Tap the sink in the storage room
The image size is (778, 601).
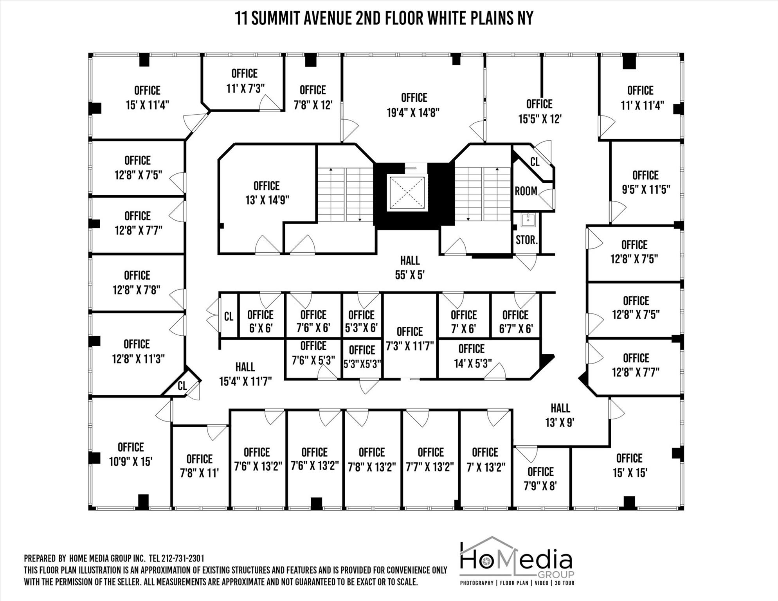528,220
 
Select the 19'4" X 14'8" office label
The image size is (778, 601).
413,105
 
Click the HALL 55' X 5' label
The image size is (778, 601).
410,268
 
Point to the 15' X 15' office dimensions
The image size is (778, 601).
630,473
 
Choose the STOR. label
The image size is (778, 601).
527,240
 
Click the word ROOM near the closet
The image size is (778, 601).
526,191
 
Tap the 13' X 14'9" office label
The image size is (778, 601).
267,193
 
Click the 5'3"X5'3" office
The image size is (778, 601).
362,357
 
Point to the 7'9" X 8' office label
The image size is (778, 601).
540,479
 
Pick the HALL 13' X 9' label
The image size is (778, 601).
560,415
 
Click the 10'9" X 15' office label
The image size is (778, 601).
131,454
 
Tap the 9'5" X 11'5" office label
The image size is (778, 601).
646,182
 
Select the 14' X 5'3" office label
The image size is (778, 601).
472,356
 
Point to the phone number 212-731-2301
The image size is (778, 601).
182,558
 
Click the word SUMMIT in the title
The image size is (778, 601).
276,18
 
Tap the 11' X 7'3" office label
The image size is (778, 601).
245,81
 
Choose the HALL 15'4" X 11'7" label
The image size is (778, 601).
245,374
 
